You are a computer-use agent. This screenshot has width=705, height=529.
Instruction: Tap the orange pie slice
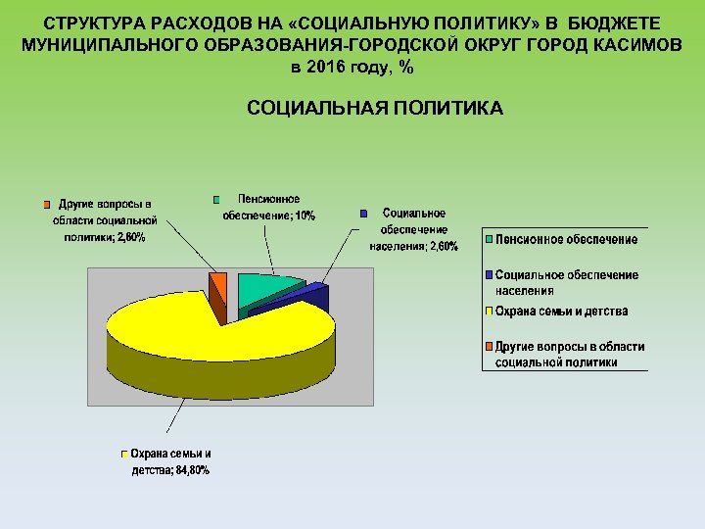pyautogui.click(x=219, y=286)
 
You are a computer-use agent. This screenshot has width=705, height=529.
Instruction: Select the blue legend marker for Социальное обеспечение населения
pyautogui.click(x=490, y=274)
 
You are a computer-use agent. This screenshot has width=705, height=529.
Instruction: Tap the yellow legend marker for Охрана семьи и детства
pyautogui.click(x=490, y=312)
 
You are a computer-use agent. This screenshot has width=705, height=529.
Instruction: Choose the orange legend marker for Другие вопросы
pyautogui.click(x=490, y=347)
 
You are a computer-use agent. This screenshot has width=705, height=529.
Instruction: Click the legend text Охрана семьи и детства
pyautogui.click(x=562, y=312)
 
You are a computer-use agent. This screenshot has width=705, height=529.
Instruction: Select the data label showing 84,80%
pyautogui.click(x=170, y=461)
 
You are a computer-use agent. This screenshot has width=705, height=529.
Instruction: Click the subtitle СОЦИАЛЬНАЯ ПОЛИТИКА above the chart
pyautogui.click(x=375, y=108)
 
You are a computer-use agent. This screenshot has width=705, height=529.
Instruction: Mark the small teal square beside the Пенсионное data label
pyautogui.click(x=217, y=199)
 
